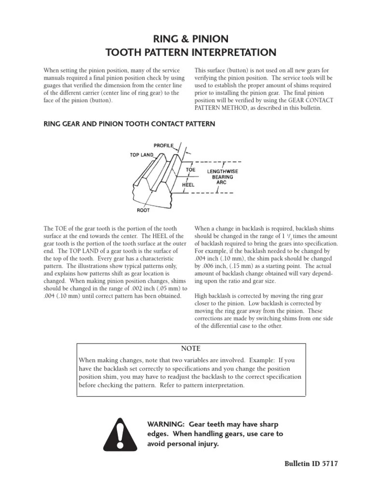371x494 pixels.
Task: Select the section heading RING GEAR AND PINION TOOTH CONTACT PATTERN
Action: click(129, 124)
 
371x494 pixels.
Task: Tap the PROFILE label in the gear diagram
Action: click(164, 145)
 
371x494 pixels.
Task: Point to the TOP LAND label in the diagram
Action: click(141, 155)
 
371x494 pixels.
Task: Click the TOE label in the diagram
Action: click(191, 170)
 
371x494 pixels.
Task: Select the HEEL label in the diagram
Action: click(188, 184)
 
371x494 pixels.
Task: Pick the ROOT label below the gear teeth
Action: click(143, 210)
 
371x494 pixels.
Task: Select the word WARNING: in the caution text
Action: click(166, 424)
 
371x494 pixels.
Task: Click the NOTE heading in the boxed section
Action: click(190, 349)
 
